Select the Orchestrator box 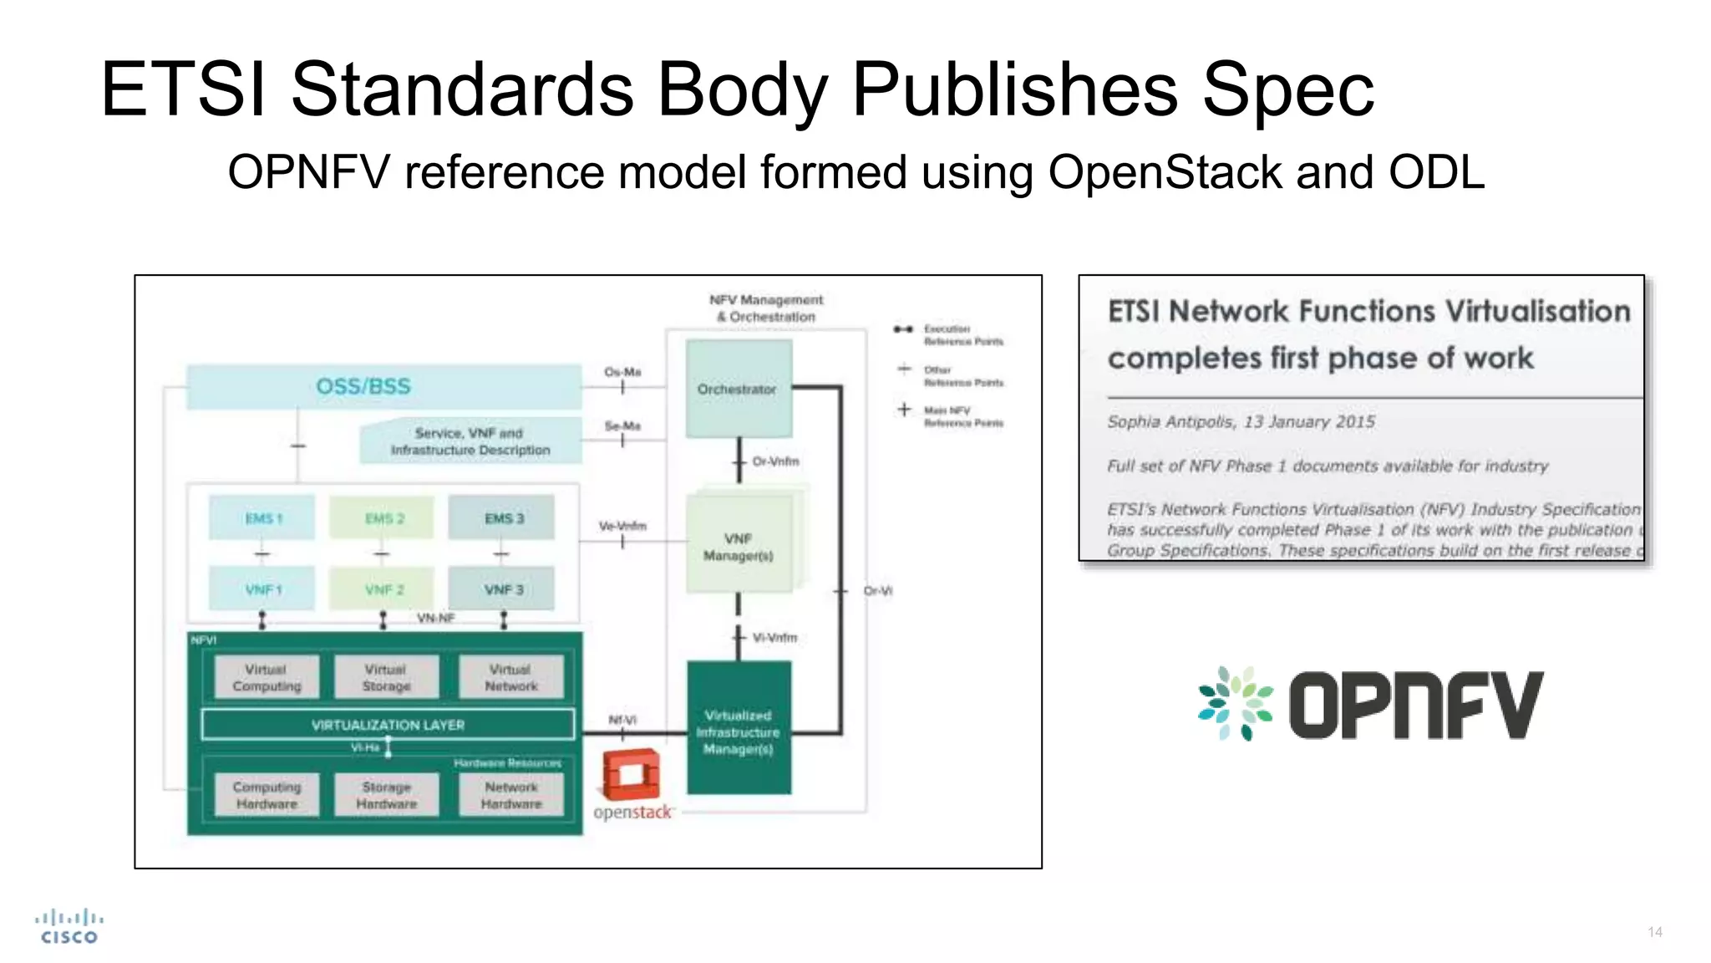coord(738,389)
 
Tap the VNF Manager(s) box coord(739,547)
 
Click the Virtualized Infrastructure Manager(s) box coord(739,731)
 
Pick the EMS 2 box coord(383,518)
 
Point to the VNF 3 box coord(502,589)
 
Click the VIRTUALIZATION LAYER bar coord(388,725)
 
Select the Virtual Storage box coord(386,678)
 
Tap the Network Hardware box coord(511,795)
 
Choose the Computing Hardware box coord(267,795)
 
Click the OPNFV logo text coord(1415,706)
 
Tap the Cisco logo coord(69,926)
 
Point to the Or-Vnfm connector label coord(775,461)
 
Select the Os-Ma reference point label coord(622,372)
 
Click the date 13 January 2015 coord(1309,422)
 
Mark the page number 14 coord(1654,932)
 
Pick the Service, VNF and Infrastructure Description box coord(470,441)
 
